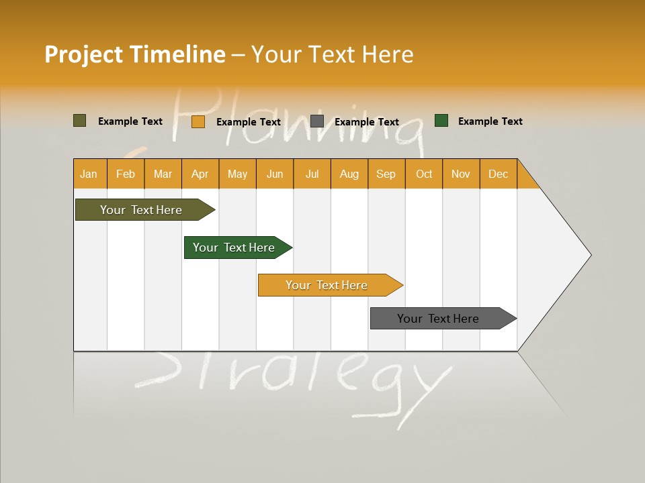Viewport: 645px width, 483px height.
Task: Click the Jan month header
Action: [x=89, y=174]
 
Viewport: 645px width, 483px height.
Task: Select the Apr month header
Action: [x=200, y=174]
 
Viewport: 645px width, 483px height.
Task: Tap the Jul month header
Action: [x=312, y=174]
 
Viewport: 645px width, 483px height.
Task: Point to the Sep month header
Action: [x=386, y=174]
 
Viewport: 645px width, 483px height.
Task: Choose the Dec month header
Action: [x=498, y=174]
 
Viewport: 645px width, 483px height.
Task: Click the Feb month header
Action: [x=126, y=174]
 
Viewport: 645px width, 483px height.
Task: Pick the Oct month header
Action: [x=424, y=174]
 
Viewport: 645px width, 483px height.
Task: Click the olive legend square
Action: [x=79, y=121]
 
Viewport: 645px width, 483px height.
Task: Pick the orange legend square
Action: [x=198, y=121]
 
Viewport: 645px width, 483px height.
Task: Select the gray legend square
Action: [x=317, y=121]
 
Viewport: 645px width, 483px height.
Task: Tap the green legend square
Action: [x=441, y=121]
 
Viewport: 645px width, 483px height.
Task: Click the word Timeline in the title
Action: [x=177, y=54]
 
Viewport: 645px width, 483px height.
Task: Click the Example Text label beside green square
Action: [x=490, y=121]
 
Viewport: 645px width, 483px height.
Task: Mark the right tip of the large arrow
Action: [x=591, y=254]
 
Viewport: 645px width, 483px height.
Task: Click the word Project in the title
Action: [x=83, y=54]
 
